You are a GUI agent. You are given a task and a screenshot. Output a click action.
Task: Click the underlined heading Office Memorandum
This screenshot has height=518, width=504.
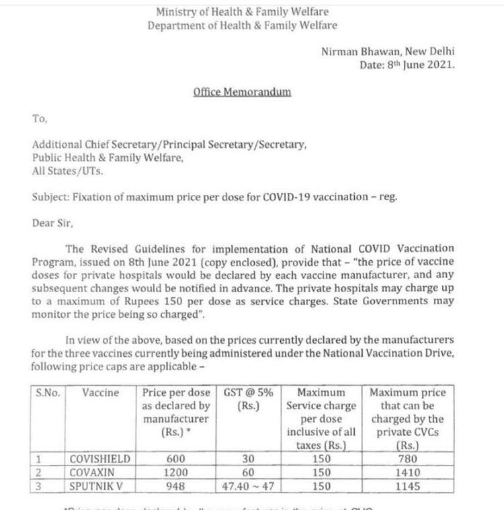(x=242, y=92)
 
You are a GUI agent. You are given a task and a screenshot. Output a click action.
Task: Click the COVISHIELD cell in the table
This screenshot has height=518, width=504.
(x=100, y=459)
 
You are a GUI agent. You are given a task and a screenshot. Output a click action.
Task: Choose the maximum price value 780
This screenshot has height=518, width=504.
(x=407, y=459)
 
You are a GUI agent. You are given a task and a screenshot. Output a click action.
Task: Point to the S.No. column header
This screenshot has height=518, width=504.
(x=48, y=392)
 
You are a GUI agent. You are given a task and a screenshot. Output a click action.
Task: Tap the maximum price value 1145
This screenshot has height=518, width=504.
(x=407, y=485)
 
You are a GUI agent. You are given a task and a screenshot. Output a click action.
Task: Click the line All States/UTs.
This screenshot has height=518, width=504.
(x=68, y=171)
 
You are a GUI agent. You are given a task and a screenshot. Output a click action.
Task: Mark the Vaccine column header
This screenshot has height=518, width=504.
(x=100, y=392)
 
